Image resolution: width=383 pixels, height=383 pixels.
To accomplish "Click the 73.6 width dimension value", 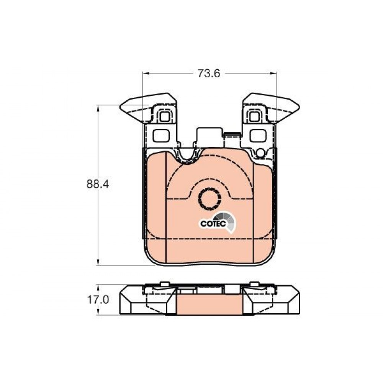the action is [209, 73].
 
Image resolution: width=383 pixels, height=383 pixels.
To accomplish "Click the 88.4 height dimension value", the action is [98, 184].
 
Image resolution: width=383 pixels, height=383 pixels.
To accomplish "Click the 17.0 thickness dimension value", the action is [98, 300].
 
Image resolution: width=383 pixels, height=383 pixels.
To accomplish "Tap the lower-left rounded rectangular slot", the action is [161, 136].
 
